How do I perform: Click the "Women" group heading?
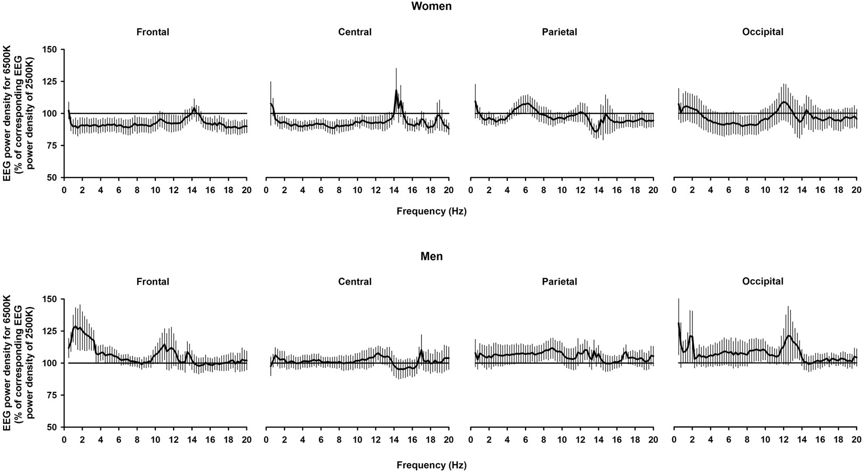431,7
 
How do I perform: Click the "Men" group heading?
431,256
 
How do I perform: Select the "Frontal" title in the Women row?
153,32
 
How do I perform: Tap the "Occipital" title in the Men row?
763,281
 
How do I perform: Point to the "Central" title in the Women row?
355,32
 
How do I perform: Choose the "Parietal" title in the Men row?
560,281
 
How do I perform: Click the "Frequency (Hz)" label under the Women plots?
431,211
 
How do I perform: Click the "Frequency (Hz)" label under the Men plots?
431,465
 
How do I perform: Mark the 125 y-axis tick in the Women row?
53,82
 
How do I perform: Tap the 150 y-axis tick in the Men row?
53,299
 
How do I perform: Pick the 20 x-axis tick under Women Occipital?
856,189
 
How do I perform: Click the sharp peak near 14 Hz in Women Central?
396,91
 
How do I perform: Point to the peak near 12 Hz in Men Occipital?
788,335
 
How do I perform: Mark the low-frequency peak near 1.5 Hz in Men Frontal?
76,327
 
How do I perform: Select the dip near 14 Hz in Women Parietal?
596,131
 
